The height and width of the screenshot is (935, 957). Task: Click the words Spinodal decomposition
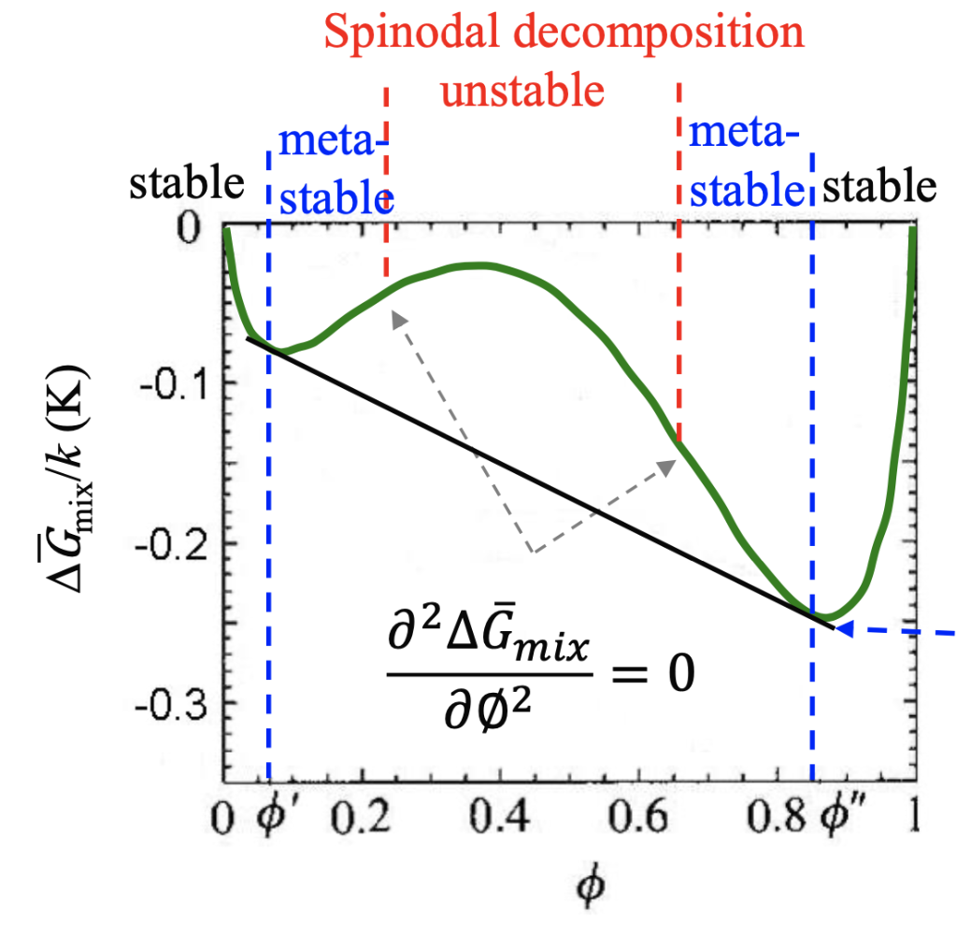click(564, 35)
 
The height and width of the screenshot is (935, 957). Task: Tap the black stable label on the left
click(186, 184)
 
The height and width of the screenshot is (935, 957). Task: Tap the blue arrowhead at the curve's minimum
click(844, 631)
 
